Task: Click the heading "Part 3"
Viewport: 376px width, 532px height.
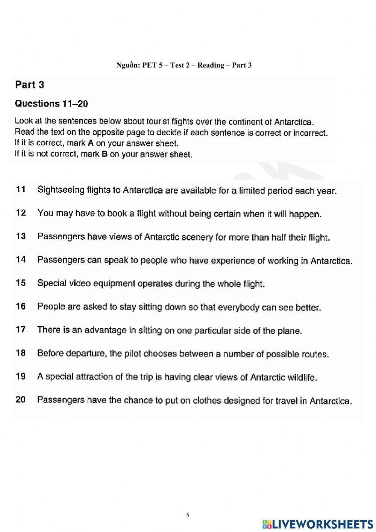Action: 29,85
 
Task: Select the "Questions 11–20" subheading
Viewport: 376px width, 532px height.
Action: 51,104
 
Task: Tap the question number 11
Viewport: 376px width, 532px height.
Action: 21,189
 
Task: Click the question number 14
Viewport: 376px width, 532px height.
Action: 21,259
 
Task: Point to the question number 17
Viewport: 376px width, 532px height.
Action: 21,329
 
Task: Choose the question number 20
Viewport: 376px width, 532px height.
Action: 21,399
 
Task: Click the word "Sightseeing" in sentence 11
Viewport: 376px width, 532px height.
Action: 61,190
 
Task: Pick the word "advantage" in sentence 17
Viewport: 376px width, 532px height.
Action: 105,331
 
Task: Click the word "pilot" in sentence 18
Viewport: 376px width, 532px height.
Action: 133,354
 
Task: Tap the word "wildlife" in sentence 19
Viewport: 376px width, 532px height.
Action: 302,378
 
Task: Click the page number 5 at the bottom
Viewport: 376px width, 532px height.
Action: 188,515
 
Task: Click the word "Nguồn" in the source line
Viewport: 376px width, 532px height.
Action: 128,65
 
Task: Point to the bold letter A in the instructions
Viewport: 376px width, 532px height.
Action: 90,143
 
